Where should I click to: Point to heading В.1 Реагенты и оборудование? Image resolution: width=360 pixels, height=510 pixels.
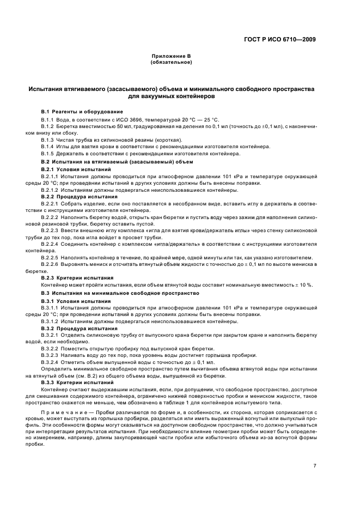point(78,112)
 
